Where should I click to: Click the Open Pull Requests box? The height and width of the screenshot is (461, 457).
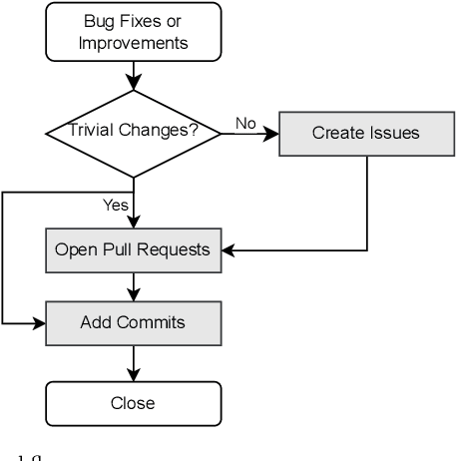tap(133, 249)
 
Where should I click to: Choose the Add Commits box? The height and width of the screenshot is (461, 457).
tap(133, 323)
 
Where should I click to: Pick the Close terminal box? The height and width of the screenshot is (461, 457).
tap(133, 404)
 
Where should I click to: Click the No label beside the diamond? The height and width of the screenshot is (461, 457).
tap(244, 122)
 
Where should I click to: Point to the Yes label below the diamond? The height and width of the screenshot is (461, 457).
tap(115, 206)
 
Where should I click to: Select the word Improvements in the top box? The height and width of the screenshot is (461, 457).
tap(133, 45)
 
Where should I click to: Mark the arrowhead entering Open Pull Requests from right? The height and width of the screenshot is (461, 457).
tap(226, 249)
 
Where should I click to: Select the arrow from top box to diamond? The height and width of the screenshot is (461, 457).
tap(133, 77)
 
